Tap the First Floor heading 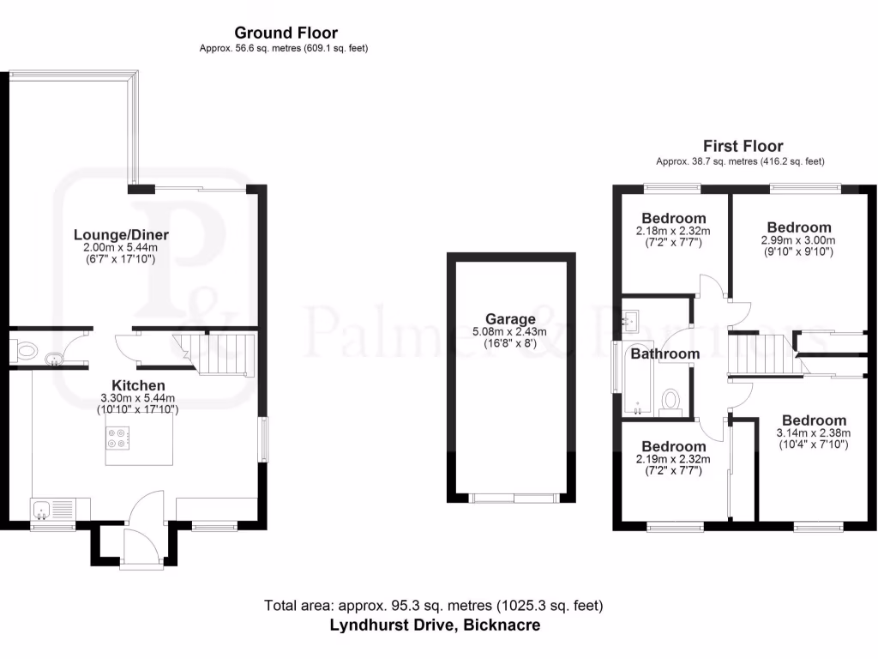(x=743, y=146)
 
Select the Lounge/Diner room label (x=121, y=234)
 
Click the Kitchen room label (x=138, y=385)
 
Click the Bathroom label (x=665, y=354)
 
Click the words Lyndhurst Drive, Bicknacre (x=435, y=625)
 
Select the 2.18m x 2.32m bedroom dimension (x=673, y=231)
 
